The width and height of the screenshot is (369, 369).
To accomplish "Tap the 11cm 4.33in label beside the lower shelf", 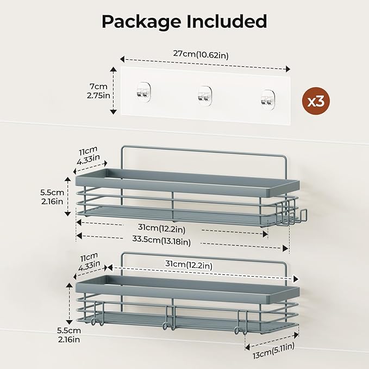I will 88,261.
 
